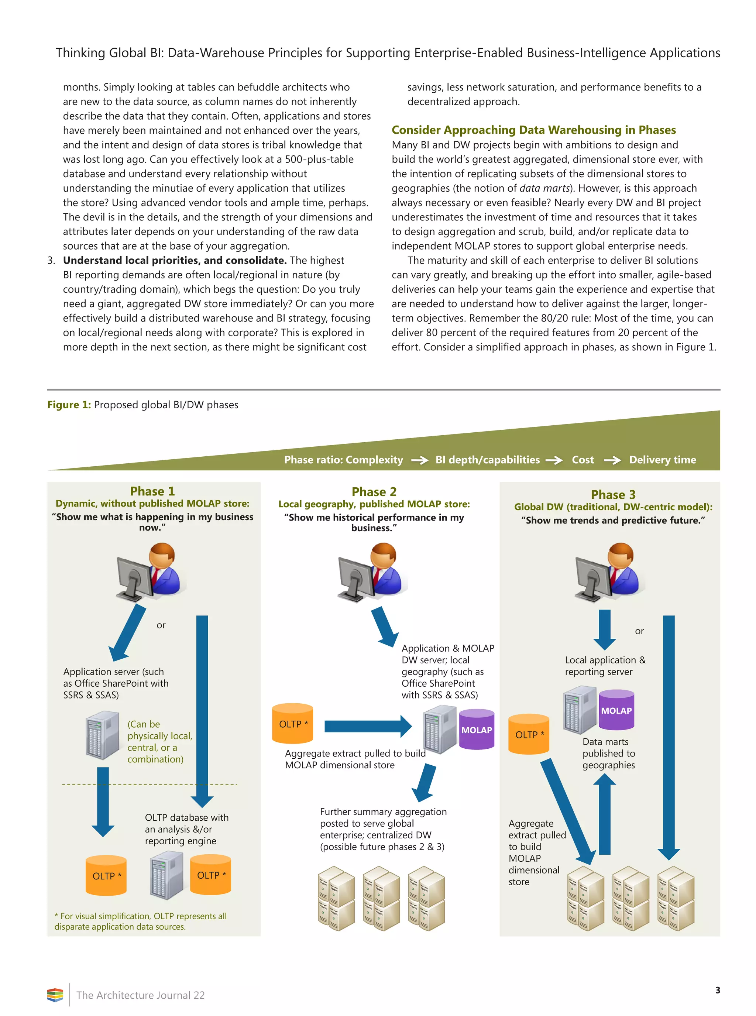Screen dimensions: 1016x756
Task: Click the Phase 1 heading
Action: click(152, 491)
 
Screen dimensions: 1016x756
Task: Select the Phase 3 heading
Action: click(613, 494)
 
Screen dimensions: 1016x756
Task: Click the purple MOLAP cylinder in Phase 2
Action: click(477, 729)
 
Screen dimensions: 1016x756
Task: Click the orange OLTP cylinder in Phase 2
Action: click(293, 723)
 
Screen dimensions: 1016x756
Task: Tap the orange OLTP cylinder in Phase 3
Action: click(529, 734)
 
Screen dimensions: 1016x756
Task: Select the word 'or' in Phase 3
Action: click(639, 631)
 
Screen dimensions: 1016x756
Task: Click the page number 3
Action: click(717, 990)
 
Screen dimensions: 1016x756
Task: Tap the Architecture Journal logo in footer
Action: click(55, 995)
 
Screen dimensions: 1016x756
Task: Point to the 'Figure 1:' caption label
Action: click(69, 405)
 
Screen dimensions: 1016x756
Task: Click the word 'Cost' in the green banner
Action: click(582, 460)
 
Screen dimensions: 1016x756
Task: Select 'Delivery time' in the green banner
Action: click(662, 460)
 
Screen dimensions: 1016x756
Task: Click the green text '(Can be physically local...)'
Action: click(159, 741)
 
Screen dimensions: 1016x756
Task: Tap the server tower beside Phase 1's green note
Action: click(103, 735)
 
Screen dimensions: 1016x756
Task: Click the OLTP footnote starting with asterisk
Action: click(141, 921)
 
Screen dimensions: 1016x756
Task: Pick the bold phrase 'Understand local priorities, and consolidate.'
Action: click(174, 260)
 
